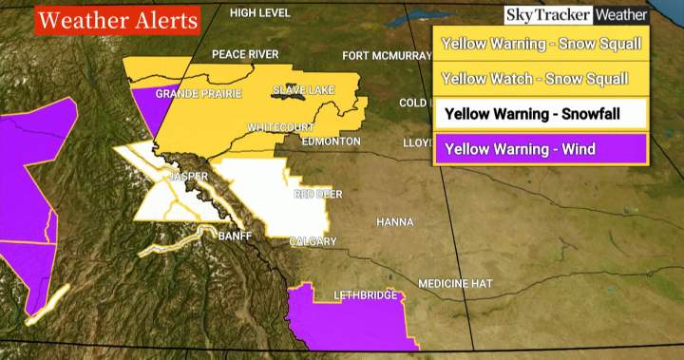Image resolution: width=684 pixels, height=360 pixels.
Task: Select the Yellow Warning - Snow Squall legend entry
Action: point(541,44)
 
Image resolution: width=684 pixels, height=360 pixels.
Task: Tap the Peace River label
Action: point(245,54)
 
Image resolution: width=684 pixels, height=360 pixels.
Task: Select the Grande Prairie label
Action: point(199,93)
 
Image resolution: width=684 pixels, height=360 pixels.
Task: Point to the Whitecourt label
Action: point(277,126)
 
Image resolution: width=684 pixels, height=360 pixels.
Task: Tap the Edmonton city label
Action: point(331,141)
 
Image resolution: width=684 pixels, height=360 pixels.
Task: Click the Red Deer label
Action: point(317,194)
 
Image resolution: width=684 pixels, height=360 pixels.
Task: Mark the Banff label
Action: point(234,236)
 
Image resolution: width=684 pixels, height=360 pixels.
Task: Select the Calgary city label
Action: point(313,241)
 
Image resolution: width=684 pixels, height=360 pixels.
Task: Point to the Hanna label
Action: point(395,221)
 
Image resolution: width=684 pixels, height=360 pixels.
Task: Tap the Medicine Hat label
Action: point(456,283)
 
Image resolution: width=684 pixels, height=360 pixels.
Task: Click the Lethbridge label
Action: point(366,295)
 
